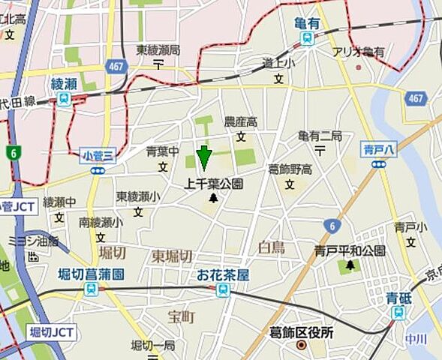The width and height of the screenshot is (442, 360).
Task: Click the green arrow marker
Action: (203, 157)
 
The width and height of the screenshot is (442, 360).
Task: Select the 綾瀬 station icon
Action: (65, 99)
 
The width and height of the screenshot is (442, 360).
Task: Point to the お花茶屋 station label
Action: (223, 274)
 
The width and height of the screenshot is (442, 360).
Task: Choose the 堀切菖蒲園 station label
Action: (91, 274)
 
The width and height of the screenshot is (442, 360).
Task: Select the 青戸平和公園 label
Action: (350, 251)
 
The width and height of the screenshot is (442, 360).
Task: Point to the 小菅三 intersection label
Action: (98, 156)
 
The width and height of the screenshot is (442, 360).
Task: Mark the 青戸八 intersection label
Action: (378, 148)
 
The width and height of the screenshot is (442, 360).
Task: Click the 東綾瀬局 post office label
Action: (158, 50)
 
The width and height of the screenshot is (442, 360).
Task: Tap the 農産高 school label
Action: (241, 121)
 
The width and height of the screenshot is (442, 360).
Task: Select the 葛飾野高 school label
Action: (289, 169)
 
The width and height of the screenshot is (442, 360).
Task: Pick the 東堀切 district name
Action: (173, 256)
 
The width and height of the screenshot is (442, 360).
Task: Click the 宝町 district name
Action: (181, 317)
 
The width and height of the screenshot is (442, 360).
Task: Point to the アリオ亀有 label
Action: (359, 52)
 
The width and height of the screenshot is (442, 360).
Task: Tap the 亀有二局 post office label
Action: (320, 136)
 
